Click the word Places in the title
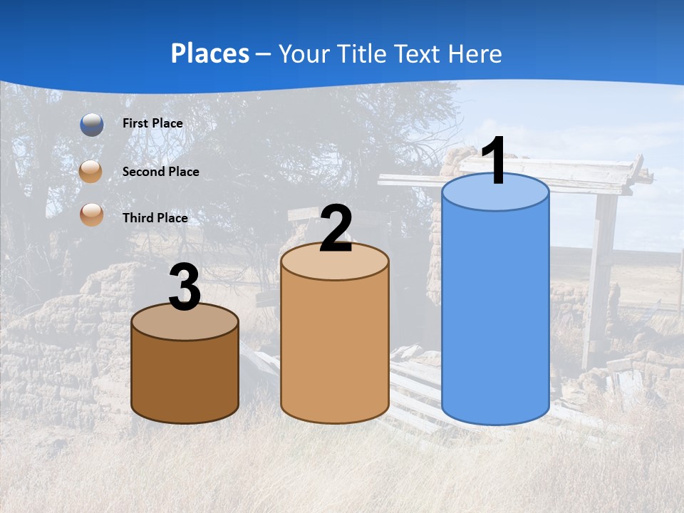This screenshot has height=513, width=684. [210, 53]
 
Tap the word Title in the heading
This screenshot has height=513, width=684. [361, 53]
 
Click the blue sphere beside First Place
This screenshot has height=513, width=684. [91, 124]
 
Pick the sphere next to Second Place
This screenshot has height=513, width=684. [91, 172]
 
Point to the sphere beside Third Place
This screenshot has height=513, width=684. [91, 215]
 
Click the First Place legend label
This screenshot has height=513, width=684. [152, 123]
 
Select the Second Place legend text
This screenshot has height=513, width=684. [160, 172]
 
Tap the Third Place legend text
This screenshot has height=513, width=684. [155, 218]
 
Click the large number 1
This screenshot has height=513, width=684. [494, 161]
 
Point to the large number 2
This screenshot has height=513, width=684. [336, 229]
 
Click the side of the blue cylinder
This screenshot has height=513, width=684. [495, 313]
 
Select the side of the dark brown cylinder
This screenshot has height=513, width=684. [185, 378]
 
